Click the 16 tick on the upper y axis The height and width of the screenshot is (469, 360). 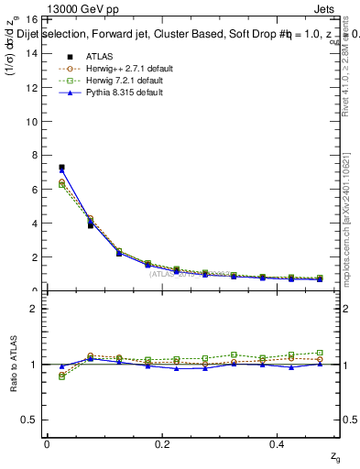point(32,19)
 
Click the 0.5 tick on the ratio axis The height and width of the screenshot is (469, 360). point(30,420)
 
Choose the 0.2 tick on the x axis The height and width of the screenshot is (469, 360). point(162,444)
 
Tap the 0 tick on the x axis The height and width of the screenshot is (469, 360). point(47,444)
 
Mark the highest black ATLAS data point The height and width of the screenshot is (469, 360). point(61,168)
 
